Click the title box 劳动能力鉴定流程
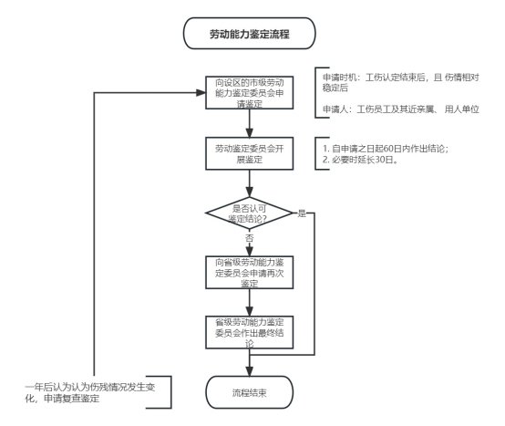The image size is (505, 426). tap(249, 34)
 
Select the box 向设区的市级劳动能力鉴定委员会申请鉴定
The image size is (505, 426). tap(249, 93)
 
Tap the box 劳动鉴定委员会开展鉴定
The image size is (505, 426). tap(249, 154)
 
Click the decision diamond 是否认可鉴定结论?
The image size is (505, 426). tap(249, 213)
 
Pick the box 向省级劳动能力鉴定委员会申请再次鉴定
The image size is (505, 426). tap(249, 272)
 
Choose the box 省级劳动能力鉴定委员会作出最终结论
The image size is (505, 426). tap(249, 332)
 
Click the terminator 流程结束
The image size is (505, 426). tap(249, 392)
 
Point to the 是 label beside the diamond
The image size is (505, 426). tap(302, 213)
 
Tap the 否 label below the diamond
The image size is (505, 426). tap(249, 238)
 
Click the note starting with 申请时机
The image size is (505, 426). tap(401, 82)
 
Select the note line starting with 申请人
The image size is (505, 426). tap(401, 109)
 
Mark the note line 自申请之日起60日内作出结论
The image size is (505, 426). tap(386, 149)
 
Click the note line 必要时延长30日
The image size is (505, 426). tap(360, 160)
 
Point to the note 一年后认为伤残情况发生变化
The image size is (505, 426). tap(90, 393)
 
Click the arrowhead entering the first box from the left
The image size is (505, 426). tap(201, 93)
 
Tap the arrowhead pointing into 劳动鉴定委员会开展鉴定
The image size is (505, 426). tap(249, 133)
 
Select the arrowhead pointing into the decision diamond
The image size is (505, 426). tap(249, 192)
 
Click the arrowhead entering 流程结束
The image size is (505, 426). tap(249, 371)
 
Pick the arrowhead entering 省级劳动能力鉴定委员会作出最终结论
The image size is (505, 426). tap(249, 311)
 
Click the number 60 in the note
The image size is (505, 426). tap(388, 149)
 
